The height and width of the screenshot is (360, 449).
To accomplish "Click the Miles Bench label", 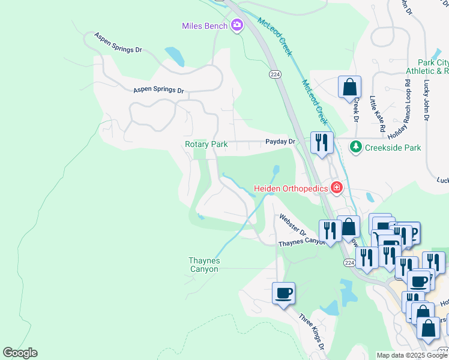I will click(x=205, y=25).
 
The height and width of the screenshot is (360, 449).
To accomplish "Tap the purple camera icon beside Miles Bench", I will click(x=237, y=25).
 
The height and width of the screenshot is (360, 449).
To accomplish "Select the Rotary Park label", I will click(x=206, y=145).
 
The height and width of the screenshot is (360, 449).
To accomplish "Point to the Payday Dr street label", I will click(x=281, y=142).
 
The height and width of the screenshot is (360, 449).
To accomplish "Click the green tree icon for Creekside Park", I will click(x=355, y=147).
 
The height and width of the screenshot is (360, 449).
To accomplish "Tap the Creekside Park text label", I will click(x=393, y=148).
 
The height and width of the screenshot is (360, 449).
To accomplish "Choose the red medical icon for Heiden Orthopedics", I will click(x=337, y=188).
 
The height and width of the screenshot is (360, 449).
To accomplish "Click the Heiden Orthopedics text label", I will click(x=291, y=188).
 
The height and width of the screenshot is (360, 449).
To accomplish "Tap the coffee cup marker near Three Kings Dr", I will click(x=283, y=293).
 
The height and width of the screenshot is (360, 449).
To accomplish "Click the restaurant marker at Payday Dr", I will click(x=322, y=142).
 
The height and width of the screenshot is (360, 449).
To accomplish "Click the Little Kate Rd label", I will click(x=377, y=114).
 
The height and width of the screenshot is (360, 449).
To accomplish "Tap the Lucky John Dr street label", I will click(x=427, y=101).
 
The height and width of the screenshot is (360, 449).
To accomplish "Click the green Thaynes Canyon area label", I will click(x=204, y=265).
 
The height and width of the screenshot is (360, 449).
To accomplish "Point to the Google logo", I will click(x=20, y=353).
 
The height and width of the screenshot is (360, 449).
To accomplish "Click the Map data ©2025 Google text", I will click(x=412, y=356).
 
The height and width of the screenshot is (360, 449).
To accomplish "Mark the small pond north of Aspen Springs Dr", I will click(x=175, y=56).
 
